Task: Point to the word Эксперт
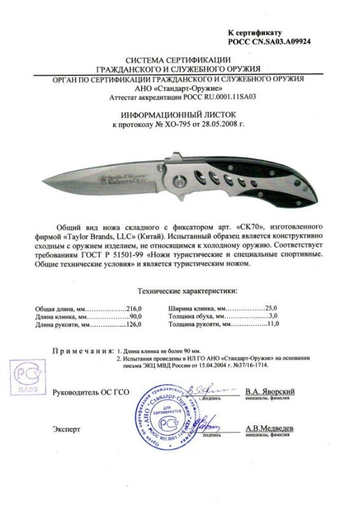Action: [x=67, y=430]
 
